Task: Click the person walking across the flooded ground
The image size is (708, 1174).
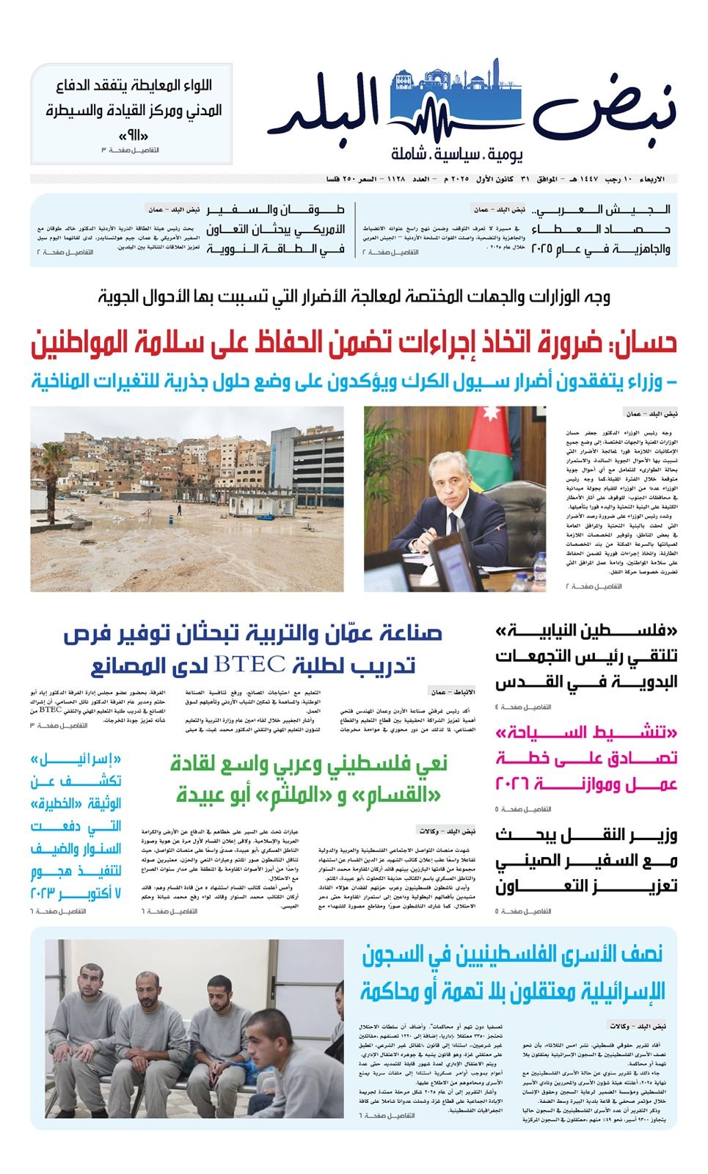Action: (x=178, y=508)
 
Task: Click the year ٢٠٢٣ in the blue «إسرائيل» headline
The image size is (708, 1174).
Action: (x=47, y=893)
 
